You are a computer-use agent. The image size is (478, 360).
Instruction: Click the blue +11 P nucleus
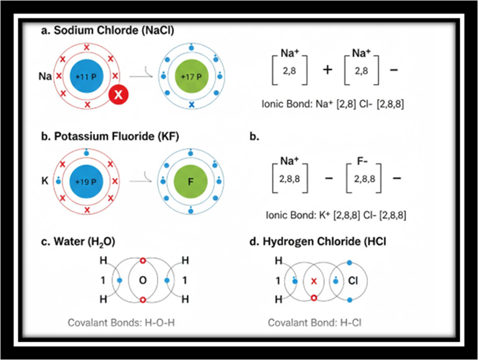[x=87, y=76]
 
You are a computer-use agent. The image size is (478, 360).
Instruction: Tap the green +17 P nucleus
[x=193, y=76]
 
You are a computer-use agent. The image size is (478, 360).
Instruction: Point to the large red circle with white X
[x=119, y=94]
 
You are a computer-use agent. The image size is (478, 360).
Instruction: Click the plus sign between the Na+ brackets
[x=327, y=68]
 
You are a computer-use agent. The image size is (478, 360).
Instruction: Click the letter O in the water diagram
[x=143, y=280]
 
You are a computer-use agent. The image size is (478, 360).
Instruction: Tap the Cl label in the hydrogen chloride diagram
[x=354, y=280]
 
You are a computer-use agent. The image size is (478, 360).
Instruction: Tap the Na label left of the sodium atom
[x=44, y=76]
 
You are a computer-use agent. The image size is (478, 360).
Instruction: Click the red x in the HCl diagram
[x=314, y=281]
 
